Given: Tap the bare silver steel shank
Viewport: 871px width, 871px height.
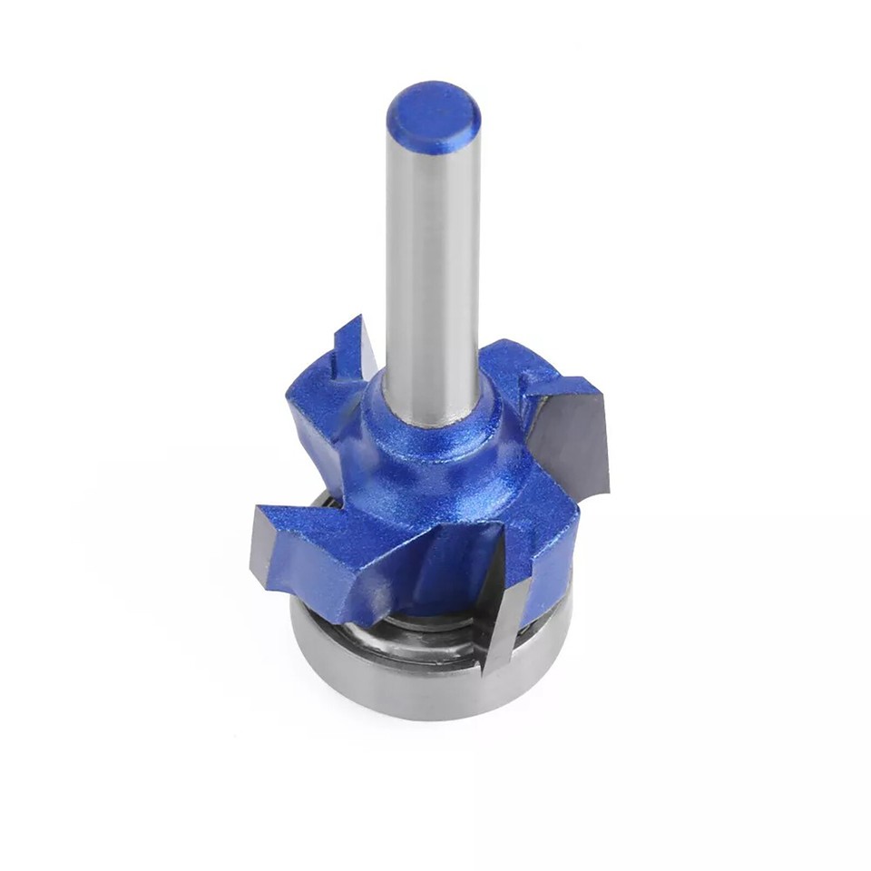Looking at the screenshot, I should pos(431,272).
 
